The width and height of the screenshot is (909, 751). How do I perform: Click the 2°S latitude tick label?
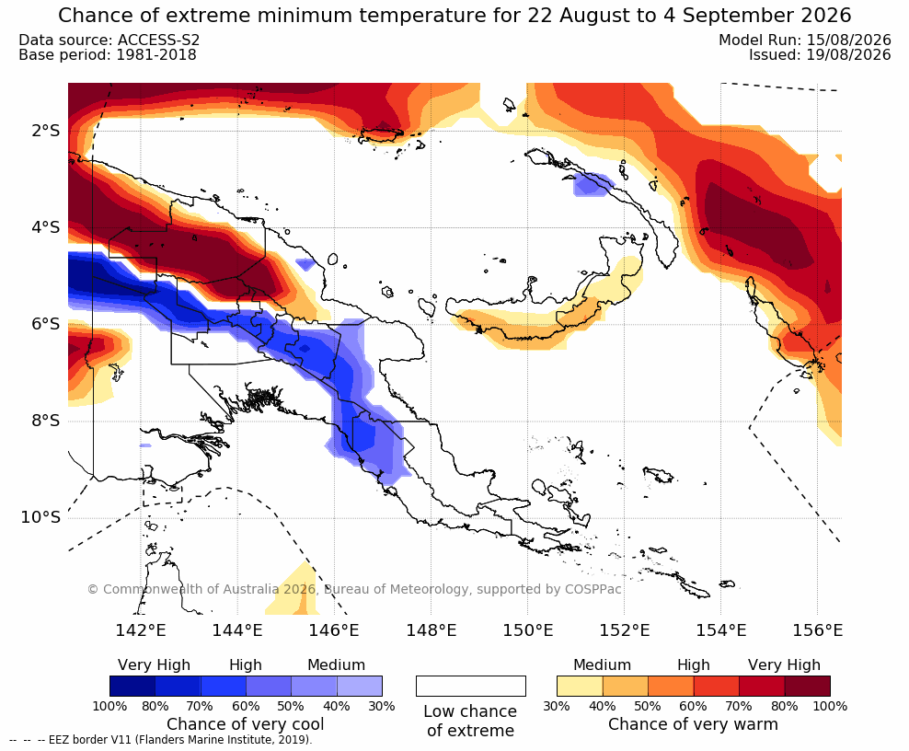point(45,131)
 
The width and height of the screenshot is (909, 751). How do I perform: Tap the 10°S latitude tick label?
point(40,516)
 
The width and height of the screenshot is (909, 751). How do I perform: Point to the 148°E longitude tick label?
point(431,630)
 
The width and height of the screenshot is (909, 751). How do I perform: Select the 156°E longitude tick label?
point(817,630)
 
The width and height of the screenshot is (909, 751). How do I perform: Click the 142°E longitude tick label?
point(141,630)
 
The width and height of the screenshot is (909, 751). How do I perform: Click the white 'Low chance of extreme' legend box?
point(471,686)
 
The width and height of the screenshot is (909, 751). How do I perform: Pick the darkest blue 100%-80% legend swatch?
point(132,686)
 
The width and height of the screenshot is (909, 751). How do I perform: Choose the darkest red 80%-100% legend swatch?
point(808,686)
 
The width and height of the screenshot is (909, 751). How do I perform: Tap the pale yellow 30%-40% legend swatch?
point(580,686)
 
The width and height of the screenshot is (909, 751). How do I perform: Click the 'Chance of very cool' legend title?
point(246,724)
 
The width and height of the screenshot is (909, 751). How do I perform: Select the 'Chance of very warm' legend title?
point(693,724)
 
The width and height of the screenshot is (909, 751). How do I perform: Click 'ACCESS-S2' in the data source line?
point(159,40)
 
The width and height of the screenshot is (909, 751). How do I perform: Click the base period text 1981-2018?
point(156,54)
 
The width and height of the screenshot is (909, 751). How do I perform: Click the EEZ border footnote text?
point(161,740)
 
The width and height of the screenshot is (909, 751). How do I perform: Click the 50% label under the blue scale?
point(291,706)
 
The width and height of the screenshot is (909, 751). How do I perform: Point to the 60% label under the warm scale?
point(693,706)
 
